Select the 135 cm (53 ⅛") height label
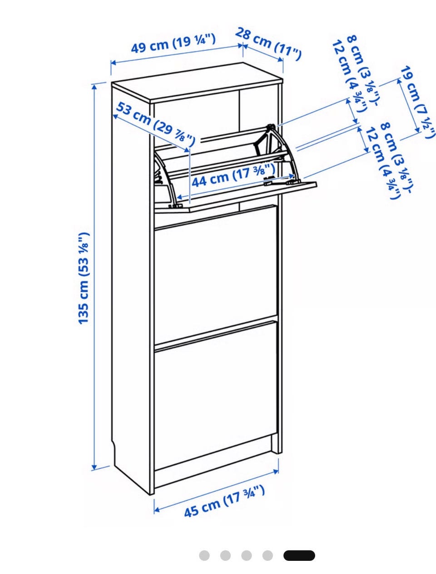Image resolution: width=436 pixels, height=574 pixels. [x=84, y=278]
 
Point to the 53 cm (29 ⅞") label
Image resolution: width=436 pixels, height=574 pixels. [x=155, y=124]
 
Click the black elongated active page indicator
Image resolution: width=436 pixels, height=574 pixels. [x=299, y=555]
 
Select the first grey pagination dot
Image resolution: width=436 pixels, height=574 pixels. [x=204, y=555]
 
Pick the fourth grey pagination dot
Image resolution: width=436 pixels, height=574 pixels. [x=267, y=555]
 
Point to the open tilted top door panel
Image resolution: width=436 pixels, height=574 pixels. [x=236, y=195]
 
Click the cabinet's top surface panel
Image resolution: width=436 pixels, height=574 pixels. [x=197, y=83]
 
